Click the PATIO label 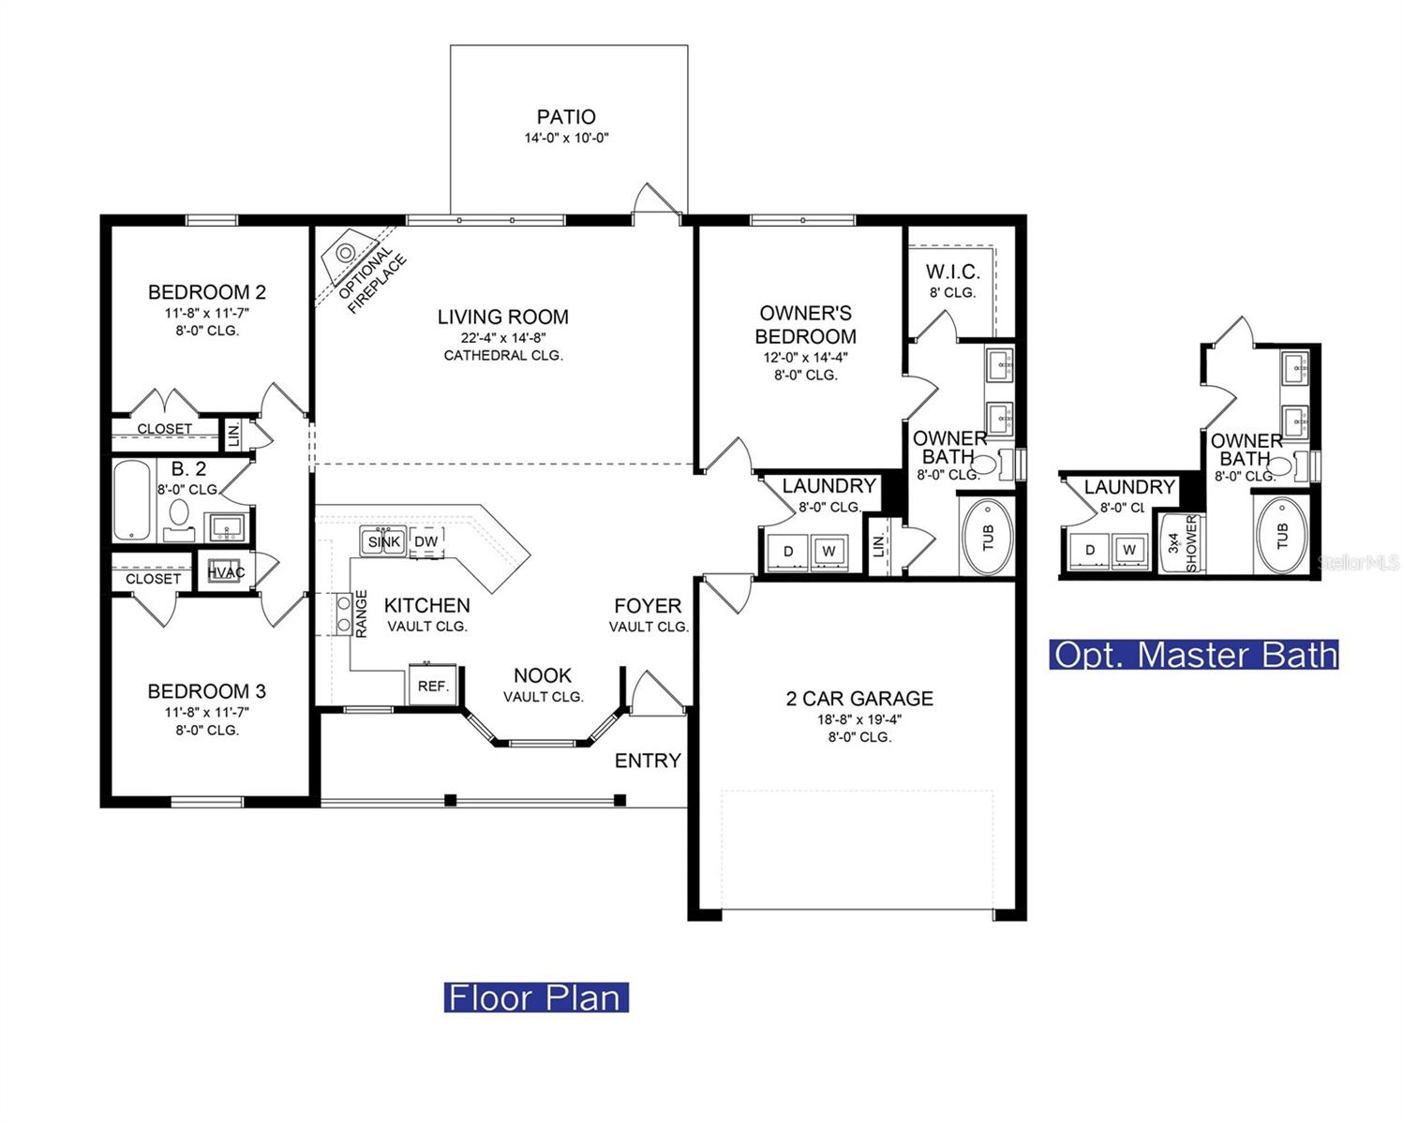coord(565,117)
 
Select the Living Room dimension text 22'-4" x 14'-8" coord(503,337)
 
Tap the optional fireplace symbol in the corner coord(346,252)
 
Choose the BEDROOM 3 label coord(206,691)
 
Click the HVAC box coord(226,572)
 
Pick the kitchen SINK coord(383,541)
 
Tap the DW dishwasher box coord(426,541)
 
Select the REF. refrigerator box coord(433,686)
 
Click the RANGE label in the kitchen coord(361,614)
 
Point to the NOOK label coord(543,675)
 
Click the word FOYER coord(648,606)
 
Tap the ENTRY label coord(648,761)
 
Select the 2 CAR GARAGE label coord(859,699)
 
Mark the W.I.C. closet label coord(952,272)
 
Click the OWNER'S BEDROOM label coord(806,324)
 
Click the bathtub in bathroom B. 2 coord(132,500)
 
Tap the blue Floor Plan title coord(536,998)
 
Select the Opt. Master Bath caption coord(1194,654)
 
